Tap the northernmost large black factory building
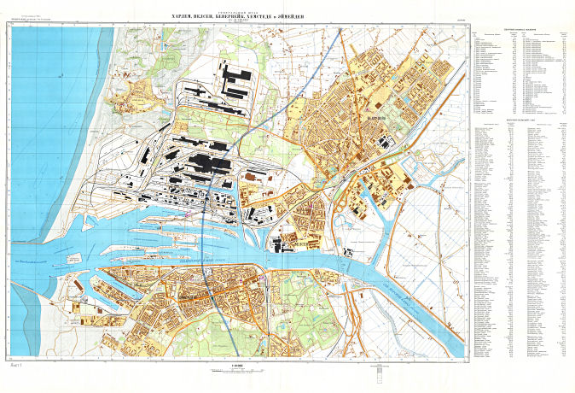click(235, 73)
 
